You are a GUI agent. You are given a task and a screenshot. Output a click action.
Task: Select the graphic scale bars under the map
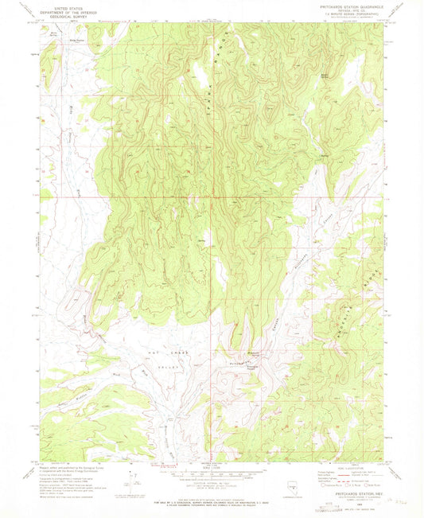click(212, 476)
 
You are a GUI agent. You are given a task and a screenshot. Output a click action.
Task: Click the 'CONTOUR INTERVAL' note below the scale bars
click(212, 487)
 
